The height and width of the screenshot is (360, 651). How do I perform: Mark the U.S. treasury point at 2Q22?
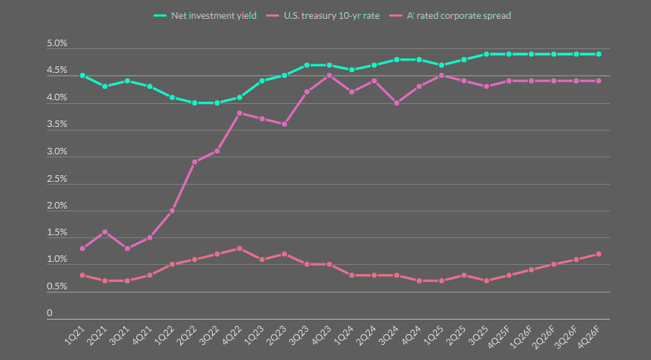coord(195,162)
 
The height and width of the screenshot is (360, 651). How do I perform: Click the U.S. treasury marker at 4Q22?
coord(239,113)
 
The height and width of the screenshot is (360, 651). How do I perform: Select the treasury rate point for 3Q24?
coord(397,102)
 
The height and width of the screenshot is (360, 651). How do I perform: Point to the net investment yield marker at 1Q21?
coord(83,76)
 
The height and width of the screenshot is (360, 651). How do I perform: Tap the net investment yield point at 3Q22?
coord(217,102)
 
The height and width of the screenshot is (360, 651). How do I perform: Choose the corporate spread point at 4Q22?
coord(239,248)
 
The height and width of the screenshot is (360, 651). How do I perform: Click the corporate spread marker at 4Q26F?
coord(598,254)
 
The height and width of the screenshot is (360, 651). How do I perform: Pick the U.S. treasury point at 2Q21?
coord(105,232)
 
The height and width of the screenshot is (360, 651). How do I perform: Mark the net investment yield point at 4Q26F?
coord(598,54)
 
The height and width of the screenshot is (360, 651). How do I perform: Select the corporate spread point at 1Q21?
coord(83,276)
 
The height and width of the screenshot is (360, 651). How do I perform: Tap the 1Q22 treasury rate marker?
coord(172,211)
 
